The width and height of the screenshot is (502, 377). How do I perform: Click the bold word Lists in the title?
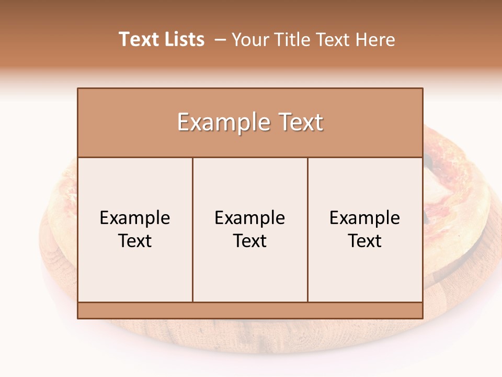click(x=182, y=39)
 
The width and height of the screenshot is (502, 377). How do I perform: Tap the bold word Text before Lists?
click(x=138, y=39)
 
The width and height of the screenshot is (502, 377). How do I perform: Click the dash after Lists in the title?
click(x=220, y=39)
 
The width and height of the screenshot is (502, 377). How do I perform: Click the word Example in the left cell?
click(x=135, y=218)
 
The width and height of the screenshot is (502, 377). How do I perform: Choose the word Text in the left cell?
click(x=135, y=241)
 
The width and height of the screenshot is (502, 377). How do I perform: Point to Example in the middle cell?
click(x=250, y=218)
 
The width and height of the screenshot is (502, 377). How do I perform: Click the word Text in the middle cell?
click(x=250, y=241)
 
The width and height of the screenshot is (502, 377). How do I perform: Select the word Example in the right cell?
click(x=365, y=218)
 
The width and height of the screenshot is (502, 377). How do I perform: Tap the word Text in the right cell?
click(x=365, y=241)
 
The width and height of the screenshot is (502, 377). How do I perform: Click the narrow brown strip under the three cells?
click(x=250, y=311)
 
